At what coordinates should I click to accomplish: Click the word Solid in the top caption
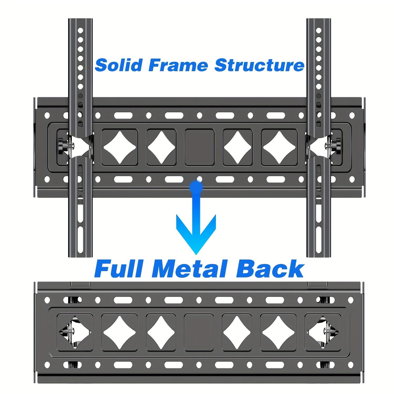pyautogui.click(x=119, y=65)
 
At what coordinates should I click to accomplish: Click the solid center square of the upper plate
pyautogui.click(x=200, y=147)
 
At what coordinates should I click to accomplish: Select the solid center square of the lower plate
pyautogui.click(x=199, y=332)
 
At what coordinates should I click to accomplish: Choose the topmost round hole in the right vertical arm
pyautogui.click(x=319, y=30)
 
